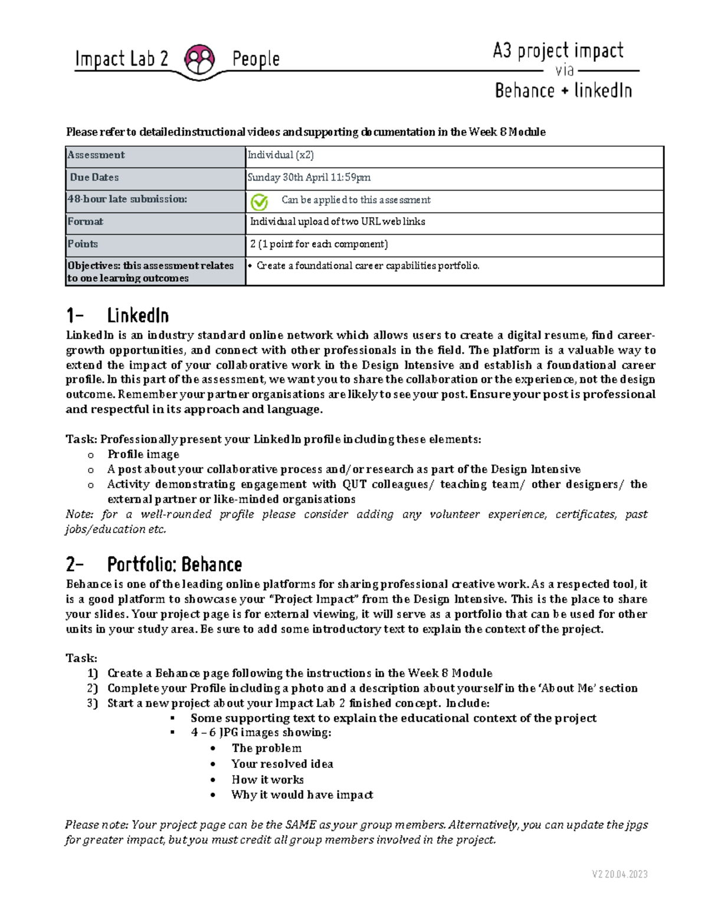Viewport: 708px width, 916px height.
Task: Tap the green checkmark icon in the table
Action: click(259, 202)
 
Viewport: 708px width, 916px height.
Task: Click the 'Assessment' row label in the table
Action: click(96, 155)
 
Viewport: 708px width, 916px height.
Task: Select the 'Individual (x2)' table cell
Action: click(280, 155)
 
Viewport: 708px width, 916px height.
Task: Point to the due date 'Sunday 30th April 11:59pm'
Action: click(309, 178)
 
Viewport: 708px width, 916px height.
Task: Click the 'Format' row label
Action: click(86, 222)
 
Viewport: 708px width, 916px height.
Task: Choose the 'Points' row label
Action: click(83, 244)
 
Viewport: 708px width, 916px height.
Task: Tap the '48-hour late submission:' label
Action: click(127, 199)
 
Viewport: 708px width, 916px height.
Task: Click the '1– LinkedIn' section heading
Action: click(118, 316)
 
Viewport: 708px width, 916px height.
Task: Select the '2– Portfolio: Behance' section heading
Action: click(154, 565)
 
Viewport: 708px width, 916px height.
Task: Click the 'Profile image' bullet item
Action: click(143, 454)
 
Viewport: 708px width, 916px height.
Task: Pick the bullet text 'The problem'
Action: click(266, 748)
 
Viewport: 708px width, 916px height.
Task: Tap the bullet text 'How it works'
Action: click(267, 780)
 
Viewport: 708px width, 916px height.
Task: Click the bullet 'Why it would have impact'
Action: click(302, 795)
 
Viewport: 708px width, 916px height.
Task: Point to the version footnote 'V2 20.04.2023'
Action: click(619, 874)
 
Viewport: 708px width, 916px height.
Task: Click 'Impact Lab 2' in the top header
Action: click(122, 59)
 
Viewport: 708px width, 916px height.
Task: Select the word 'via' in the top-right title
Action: click(565, 71)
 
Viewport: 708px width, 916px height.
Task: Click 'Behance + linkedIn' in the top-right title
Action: click(563, 91)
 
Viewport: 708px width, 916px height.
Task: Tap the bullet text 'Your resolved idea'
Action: click(282, 764)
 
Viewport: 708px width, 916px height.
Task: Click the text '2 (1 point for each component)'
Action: click(319, 244)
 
